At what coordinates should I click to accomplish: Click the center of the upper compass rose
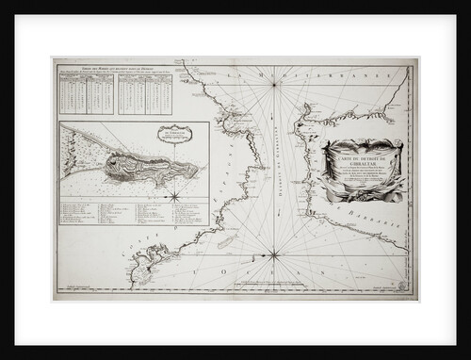pos(273,86)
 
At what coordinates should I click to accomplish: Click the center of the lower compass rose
pos(273,254)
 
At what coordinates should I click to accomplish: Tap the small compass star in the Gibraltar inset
pos(174,196)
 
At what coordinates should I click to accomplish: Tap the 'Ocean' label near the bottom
pos(273,276)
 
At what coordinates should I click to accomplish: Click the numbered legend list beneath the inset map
pos(132,212)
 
